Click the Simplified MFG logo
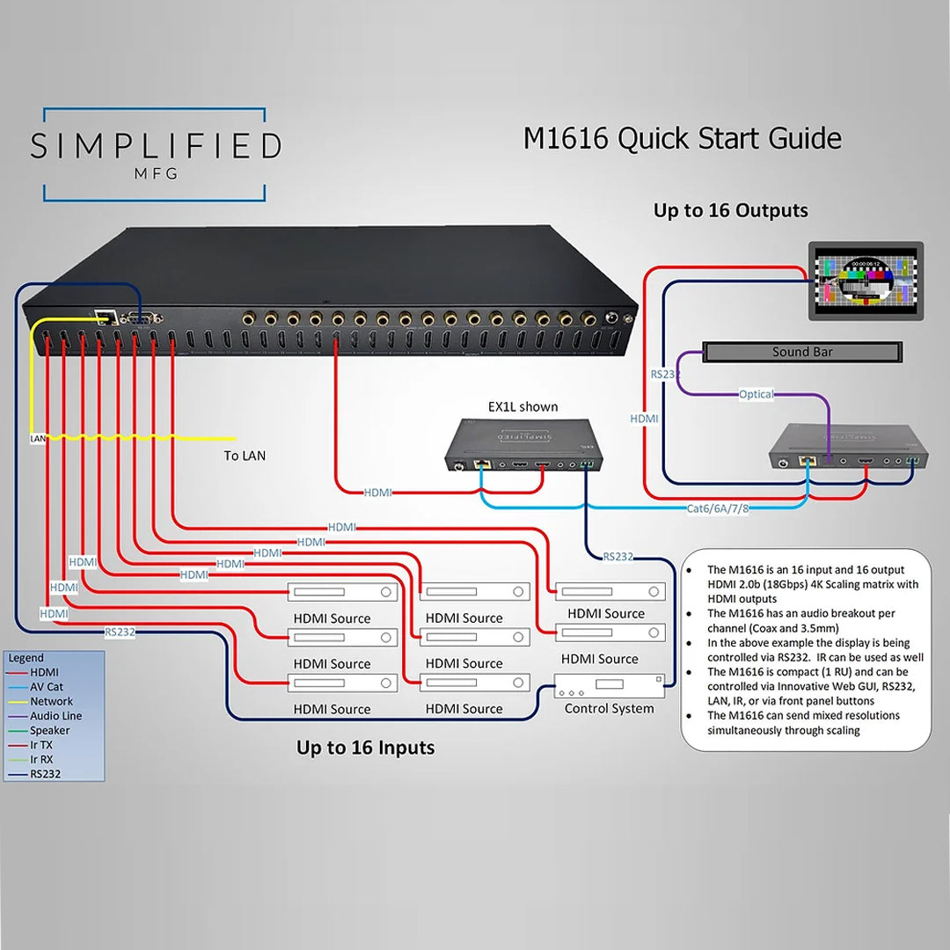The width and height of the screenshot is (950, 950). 155,153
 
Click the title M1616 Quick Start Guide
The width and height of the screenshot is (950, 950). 682,139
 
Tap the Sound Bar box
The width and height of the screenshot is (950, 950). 801,352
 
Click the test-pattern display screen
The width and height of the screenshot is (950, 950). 866,282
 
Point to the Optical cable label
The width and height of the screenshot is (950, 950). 756,394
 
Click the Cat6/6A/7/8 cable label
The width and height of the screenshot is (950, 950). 719,508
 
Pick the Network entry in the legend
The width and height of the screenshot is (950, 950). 51,701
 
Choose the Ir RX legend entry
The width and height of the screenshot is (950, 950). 41,759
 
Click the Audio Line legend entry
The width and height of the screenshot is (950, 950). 55,716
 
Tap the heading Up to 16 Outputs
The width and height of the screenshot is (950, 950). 730,211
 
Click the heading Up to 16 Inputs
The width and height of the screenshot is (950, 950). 365,748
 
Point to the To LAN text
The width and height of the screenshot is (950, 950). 245,456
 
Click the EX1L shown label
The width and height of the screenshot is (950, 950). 522,406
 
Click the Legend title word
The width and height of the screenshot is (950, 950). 26,658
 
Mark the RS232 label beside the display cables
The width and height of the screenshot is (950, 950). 664,374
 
